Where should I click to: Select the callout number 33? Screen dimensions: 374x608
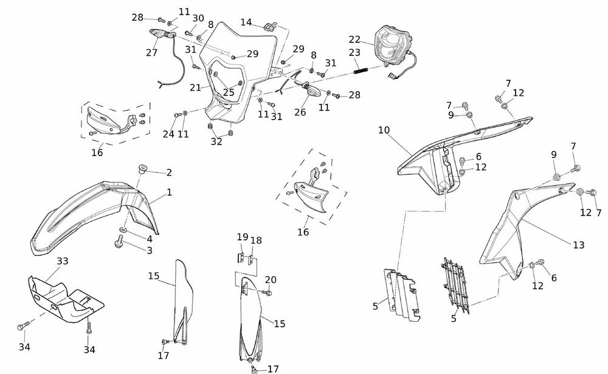[63, 261]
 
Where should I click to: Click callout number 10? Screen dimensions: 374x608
[384, 130]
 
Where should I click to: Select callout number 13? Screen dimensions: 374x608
[578, 245]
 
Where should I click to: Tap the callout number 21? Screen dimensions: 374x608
[195, 87]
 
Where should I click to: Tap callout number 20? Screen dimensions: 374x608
[271, 280]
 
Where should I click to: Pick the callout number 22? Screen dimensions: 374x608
[355, 39]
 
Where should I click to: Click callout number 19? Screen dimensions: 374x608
[242, 237]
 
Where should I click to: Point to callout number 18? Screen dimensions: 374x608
[256, 240]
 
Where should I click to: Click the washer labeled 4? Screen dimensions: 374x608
[123, 231]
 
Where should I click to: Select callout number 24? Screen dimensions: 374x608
[168, 134]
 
